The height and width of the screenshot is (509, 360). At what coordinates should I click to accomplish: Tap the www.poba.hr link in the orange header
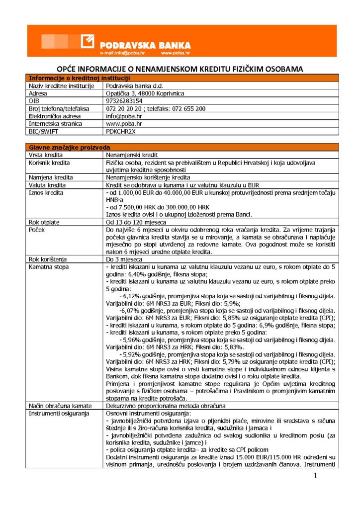(175, 52)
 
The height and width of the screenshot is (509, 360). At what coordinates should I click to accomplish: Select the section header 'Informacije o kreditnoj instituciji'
(80, 78)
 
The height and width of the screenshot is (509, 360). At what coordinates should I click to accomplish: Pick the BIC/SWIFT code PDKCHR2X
(121, 131)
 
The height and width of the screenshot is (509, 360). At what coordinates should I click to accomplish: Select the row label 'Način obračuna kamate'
(60, 406)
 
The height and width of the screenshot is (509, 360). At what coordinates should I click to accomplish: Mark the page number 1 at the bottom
(315, 476)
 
